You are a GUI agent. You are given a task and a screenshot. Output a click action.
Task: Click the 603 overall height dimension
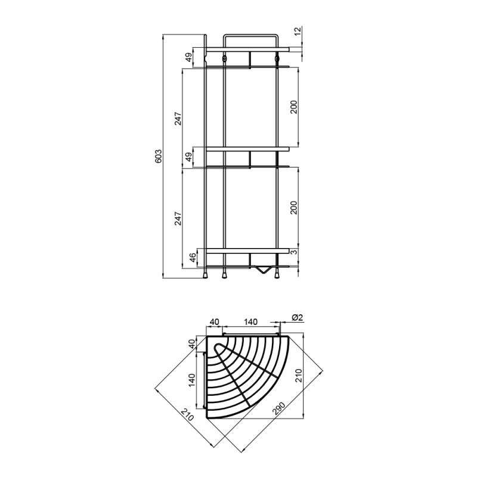click(x=159, y=156)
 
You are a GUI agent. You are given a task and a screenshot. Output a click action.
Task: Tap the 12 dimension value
click(x=298, y=31)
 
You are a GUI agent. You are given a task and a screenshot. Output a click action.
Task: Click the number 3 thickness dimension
click(x=293, y=252)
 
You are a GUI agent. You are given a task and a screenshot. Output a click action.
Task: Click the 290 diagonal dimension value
click(x=278, y=409)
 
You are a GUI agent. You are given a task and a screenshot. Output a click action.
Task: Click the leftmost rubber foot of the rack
click(x=206, y=275)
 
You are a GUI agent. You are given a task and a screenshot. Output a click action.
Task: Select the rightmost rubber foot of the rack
click(x=277, y=275)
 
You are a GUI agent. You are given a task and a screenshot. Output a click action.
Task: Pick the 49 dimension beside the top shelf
click(x=189, y=57)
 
